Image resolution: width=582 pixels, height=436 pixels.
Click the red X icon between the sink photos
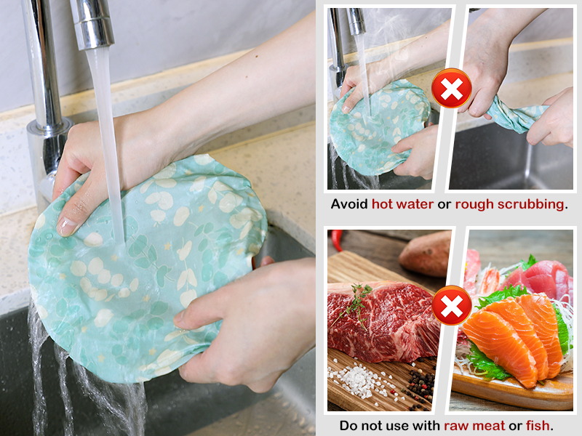point(451,88)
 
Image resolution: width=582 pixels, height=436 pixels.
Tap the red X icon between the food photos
point(451,305)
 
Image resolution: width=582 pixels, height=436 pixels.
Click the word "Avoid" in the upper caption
point(349,204)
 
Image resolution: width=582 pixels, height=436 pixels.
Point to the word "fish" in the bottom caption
point(538,425)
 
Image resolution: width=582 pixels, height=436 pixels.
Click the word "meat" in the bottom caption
point(489,426)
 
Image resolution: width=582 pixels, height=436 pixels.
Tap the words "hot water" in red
point(402,204)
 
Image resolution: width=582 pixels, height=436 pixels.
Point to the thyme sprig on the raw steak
point(353,302)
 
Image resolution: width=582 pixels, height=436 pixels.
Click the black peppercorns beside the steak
point(420,386)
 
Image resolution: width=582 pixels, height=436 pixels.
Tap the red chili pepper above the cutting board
point(337,239)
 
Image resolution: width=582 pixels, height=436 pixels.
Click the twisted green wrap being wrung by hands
point(515,115)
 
